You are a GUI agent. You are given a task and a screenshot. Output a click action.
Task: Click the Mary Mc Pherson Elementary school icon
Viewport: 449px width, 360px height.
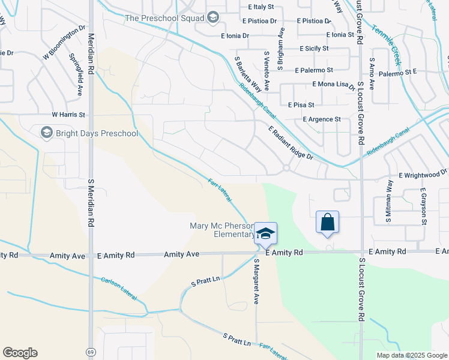click(265, 233)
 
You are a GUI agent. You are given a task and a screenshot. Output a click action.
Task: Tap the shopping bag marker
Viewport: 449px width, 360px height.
click(327, 222)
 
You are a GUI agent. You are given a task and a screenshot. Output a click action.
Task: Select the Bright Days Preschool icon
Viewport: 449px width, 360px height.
click(46, 133)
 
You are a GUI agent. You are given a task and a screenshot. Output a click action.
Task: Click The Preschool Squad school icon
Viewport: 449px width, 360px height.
click(212, 18)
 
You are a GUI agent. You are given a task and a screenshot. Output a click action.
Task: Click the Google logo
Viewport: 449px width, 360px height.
click(20, 353)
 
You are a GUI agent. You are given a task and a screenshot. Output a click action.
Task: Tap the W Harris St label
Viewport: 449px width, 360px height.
click(68, 114)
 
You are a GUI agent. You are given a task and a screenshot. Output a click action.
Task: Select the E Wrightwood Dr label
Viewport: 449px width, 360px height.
click(423, 176)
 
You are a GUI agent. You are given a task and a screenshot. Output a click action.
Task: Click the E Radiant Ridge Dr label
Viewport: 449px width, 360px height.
click(291, 143)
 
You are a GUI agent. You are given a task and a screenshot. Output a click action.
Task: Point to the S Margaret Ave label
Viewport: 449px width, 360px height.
click(256, 281)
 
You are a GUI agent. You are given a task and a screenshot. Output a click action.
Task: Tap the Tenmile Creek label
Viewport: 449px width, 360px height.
click(386, 37)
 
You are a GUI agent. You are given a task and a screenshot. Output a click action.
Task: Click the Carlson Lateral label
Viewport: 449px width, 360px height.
click(119, 289)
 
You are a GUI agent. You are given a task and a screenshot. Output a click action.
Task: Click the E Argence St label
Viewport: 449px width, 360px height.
click(322, 119)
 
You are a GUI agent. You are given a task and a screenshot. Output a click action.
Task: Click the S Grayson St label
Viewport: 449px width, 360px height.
click(423, 207)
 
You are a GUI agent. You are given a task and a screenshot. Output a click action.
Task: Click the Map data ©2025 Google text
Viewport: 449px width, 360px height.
click(411, 355)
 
